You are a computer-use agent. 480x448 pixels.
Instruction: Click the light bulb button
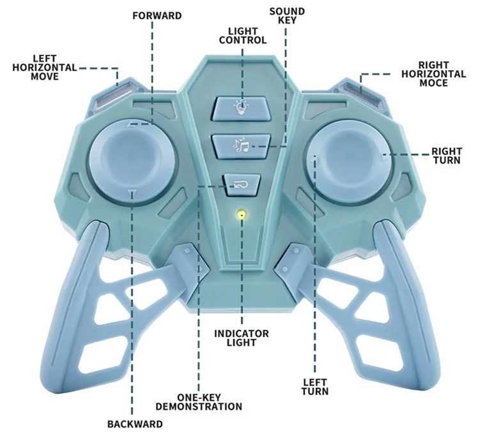(x=240, y=107)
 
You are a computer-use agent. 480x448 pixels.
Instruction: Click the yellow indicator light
(x=241, y=214)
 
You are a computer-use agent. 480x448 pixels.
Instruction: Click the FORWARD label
(x=157, y=15)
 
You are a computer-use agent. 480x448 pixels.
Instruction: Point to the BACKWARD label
(x=135, y=424)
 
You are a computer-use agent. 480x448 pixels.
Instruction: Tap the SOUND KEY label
(x=287, y=15)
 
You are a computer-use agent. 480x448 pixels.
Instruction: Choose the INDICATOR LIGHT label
(x=241, y=338)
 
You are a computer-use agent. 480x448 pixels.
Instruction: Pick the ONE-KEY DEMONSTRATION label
(x=199, y=402)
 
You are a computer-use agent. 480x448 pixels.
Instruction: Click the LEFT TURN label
(x=315, y=386)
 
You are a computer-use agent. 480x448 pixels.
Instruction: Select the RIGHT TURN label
(x=446, y=156)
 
